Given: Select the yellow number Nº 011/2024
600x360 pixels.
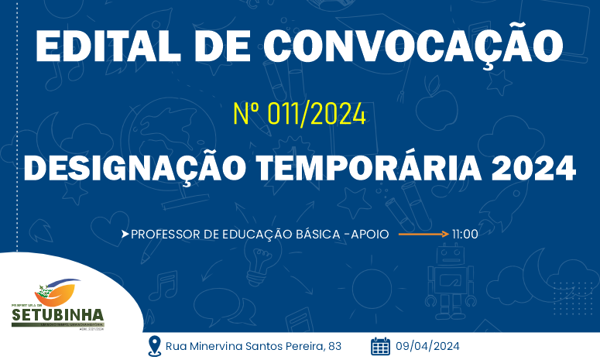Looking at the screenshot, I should point(299,115).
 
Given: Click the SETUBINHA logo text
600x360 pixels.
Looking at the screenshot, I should point(57,315).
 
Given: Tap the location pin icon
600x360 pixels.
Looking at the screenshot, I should point(154,345).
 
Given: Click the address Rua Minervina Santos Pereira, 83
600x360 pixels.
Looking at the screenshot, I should point(253,346).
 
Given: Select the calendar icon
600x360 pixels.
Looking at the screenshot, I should point(380,345).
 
